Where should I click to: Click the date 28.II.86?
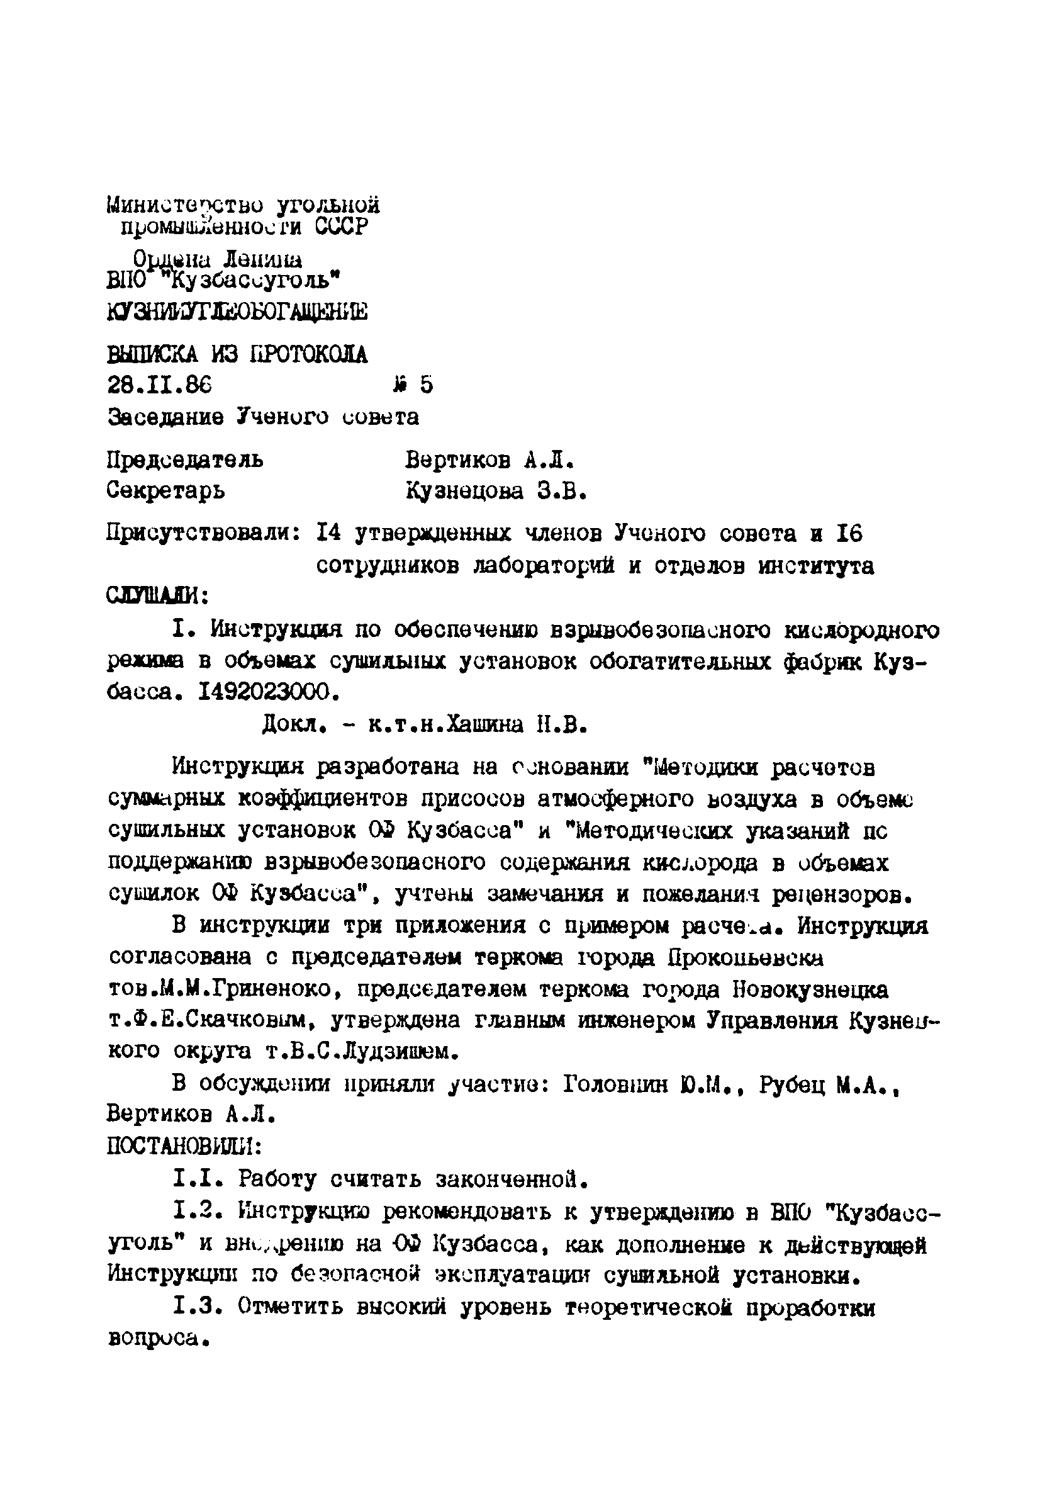[159, 386]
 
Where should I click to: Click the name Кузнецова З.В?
[496, 492]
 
